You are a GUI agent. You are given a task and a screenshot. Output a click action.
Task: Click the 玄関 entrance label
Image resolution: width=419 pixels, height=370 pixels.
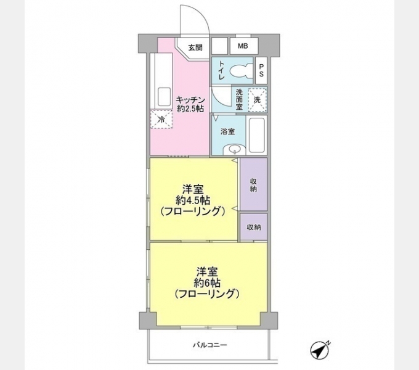pyautogui.click(x=195, y=47)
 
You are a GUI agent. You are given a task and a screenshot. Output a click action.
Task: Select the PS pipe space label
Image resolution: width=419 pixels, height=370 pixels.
pyautogui.click(x=261, y=71)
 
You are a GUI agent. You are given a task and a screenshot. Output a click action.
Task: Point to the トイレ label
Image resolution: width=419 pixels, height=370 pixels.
pyautogui.click(x=221, y=72)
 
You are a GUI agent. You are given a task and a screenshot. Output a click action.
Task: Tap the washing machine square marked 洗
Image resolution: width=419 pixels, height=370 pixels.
pyautogui.click(x=258, y=99)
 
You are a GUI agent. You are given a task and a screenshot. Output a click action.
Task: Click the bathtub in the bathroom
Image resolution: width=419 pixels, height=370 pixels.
pyautogui.click(x=257, y=134)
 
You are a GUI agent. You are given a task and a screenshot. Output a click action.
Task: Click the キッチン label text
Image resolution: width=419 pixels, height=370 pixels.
pyautogui.click(x=190, y=99)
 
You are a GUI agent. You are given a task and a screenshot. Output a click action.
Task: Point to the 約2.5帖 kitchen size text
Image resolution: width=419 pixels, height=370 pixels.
pyautogui.click(x=190, y=109)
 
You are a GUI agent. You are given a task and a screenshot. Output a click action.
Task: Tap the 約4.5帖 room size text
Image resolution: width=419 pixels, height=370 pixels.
pyautogui.click(x=193, y=200)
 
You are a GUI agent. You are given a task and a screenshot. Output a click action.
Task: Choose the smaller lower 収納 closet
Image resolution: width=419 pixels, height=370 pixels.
pyautogui.click(x=253, y=228)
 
